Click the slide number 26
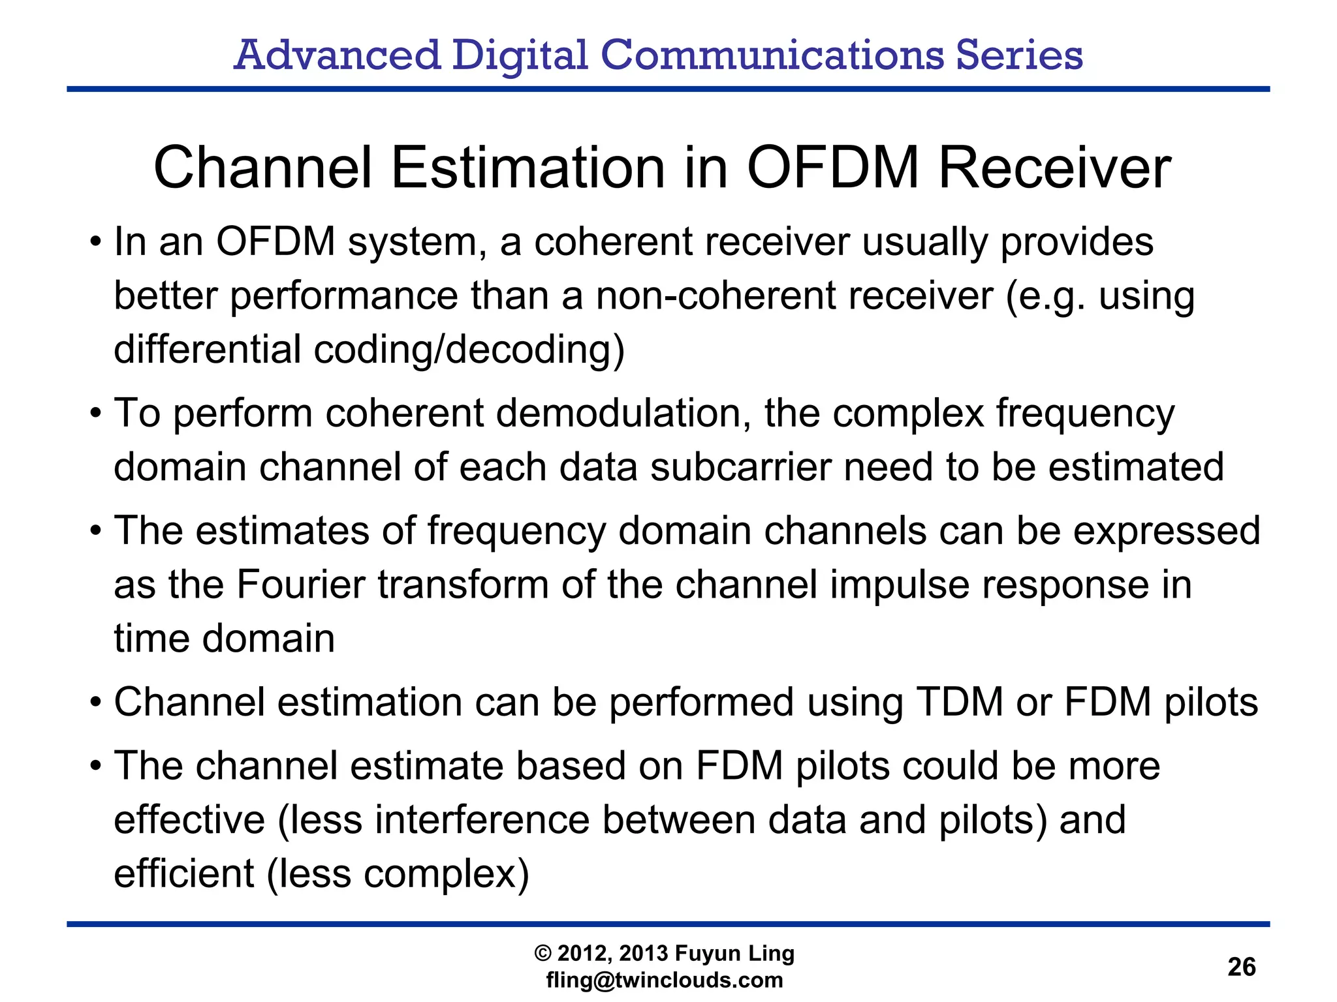coord(1241,966)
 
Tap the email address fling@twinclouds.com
coord(664,980)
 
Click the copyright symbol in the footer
coord(543,954)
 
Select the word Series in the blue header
coord(1019,55)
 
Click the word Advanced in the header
coord(337,55)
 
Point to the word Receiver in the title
coord(1054,168)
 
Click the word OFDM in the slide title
coord(833,168)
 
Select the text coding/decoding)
coord(469,349)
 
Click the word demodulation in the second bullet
coord(623,413)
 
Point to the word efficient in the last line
coord(183,873)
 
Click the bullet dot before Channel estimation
coord(96,703)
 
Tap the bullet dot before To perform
coord(96,414)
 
